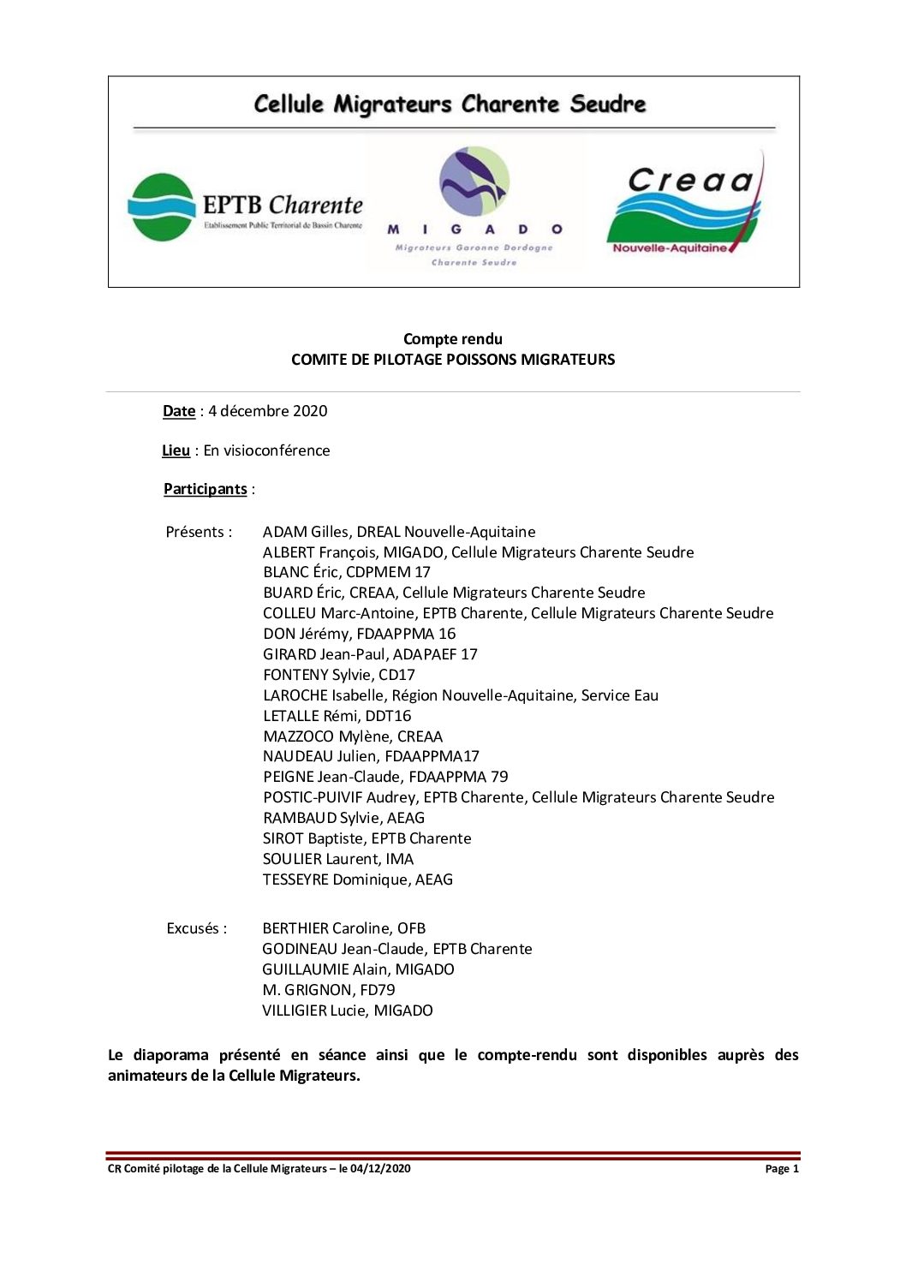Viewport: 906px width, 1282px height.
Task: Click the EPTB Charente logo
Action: point(245,206)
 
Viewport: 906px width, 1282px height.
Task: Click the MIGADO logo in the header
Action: point(474,206)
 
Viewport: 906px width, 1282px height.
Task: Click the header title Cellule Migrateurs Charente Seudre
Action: point(450,104)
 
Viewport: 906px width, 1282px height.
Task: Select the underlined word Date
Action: point(179,411)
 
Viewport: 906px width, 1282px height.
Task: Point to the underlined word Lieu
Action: point(176,450)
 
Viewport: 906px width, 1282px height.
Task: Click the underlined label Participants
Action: point(206,489)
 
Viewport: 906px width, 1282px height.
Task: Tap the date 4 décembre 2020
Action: point(268,411)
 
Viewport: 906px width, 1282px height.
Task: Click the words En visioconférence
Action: point(266,450)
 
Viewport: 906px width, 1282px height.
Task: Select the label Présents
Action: point(199,532)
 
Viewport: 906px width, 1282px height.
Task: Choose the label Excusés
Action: point(197,928)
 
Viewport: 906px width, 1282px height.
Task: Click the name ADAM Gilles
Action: point(306,532)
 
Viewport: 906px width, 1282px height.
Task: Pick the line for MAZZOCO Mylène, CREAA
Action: point(353,736)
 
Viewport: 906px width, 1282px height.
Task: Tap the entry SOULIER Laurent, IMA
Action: point(338,859)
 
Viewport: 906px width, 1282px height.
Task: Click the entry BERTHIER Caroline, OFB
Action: point(344,928)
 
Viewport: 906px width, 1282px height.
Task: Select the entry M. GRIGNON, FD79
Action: point(329,990)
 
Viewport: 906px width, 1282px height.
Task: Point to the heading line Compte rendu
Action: point(453,339)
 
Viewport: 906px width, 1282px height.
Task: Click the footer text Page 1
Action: point(782,1169)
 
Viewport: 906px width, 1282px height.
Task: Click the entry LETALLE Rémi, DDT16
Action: point(337,716)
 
